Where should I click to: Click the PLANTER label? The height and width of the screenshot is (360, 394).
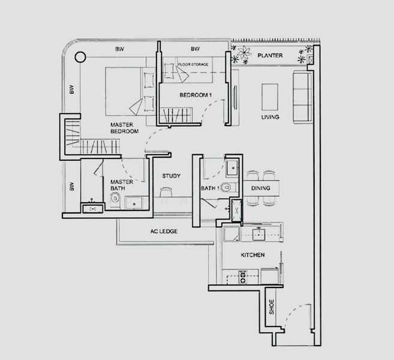point(269,56)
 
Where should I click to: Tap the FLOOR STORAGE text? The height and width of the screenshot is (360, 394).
point(193,63)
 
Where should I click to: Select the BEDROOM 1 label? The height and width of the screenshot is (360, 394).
point(196,95)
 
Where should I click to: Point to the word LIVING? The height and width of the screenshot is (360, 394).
point(270,117)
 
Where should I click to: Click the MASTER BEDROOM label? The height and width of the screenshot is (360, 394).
point(124,128)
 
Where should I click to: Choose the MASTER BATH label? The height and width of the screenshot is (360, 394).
point(118,185)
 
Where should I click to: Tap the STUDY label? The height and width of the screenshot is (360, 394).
point(172,176)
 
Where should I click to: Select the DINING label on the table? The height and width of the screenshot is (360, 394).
point(261,188)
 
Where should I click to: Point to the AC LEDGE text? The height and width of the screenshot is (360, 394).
point(163,231)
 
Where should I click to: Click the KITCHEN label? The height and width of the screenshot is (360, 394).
point(252,255)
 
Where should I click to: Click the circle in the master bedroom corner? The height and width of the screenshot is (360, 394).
point(80,58)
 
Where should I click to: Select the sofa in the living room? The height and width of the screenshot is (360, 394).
point(300,96)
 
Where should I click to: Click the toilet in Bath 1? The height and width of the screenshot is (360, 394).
point(226,187)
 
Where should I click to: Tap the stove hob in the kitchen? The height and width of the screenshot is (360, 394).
point(243,277)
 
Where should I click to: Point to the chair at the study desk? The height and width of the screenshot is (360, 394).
point(166,192)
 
